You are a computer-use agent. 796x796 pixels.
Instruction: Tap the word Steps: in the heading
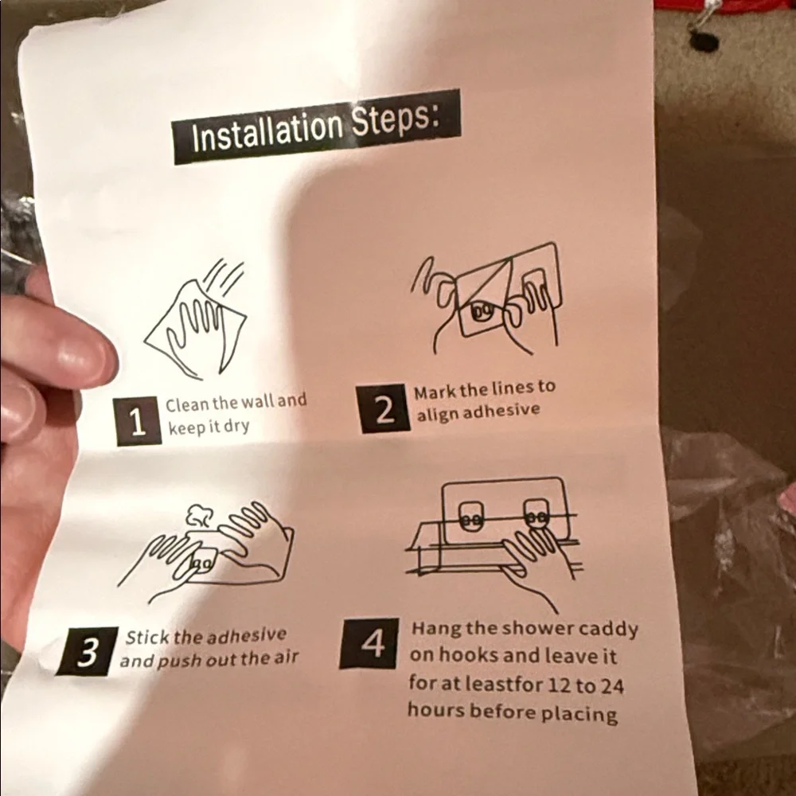396,120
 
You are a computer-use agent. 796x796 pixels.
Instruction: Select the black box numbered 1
137,421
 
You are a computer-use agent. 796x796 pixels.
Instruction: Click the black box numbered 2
384,408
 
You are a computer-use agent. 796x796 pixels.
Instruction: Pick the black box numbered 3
87,651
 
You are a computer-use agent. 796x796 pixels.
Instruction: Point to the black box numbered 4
370,642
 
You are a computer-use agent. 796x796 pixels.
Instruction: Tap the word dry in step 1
236,426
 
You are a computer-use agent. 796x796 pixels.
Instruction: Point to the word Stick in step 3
147,637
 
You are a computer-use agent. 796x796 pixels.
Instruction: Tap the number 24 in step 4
612,686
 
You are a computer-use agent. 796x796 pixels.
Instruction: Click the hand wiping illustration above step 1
196,320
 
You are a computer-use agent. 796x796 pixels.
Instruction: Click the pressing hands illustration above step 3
205,553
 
